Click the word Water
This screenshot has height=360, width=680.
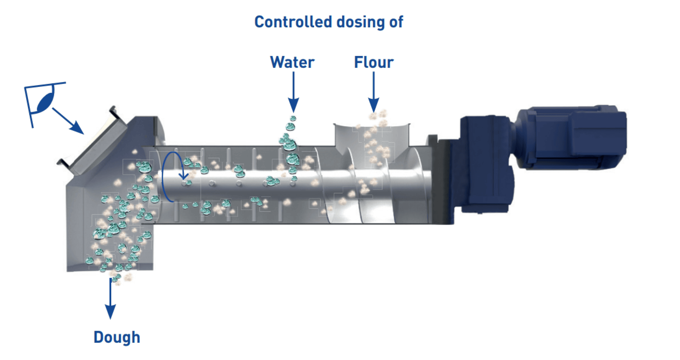[x=292, y=62]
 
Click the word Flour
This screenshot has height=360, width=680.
[x=374, y=62]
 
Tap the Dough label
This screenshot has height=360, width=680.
[x=117, y=337]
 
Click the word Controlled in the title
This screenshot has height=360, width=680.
[x=293, y=22]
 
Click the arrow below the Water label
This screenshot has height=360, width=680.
[x=293, y=92]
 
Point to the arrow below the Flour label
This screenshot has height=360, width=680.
[x=374, y=92]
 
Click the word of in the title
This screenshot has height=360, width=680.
[x=396, y=22]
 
